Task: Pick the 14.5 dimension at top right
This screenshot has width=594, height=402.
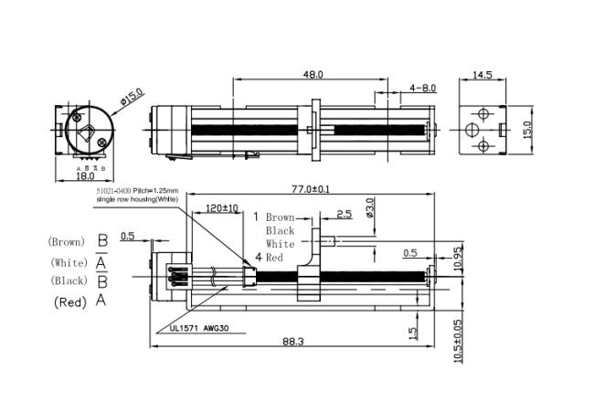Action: (483, 74)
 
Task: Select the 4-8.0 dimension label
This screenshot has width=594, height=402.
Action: (423, 88)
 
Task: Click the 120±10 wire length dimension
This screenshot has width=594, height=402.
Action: (222, 208)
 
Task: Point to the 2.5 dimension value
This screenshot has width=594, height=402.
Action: (344, 215)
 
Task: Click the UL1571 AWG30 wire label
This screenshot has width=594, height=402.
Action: (196, 327)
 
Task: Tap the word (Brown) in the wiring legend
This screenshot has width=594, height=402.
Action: (67, 242)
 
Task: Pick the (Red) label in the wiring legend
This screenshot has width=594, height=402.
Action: (69, 301)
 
